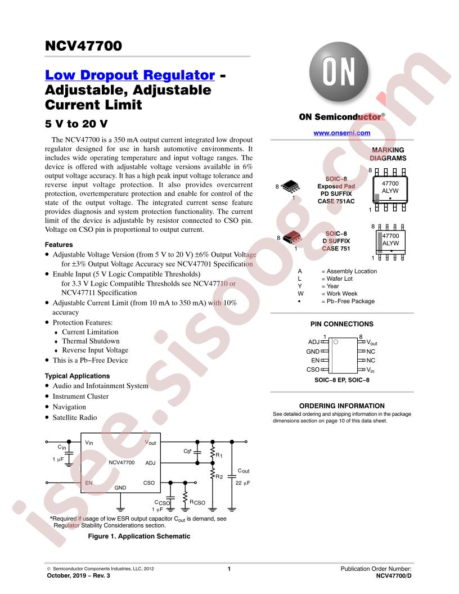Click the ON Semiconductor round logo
point(339,71)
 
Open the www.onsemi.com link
point(341,133)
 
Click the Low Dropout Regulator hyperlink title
point(129,75)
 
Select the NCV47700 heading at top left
point(83,46)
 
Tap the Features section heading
point(58,245)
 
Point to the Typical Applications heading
point(77,376)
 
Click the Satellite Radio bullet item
point(75,417)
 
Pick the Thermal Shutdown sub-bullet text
point(91,341)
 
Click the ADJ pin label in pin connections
point(313,342)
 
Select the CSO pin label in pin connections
point(313,370)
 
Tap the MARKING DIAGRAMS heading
point(388,154)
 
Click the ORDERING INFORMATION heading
point(341,406)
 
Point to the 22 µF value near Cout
point(243,483)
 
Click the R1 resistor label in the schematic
point(219,455)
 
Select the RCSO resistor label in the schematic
point(197,502)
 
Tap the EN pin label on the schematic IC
point(89,483)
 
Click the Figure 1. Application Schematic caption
point(139,536)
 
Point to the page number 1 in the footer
point(229,569)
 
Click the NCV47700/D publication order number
point(394,576)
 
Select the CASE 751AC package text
point(336,201)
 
